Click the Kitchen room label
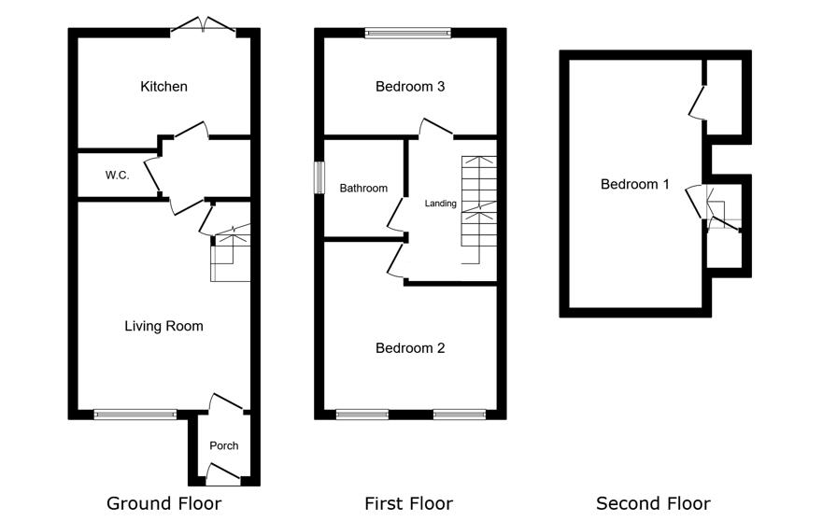click(x=163, y=87)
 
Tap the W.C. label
click(x=117, y=176)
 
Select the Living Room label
click(x=163, y=326)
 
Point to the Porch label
click(x=224, y=445)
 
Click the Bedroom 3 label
click(x=410, y=87)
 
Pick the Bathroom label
click(x=363, y=188)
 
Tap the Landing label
click(x=440, y=204)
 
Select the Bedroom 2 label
click(x=410, y=348)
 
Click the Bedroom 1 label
click(x=635, y=184)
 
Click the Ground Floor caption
click(x=163, y=503)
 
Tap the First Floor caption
click(x=409, y=503)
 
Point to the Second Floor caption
click(x=654, y=503)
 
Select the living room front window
click(x=135, y=415)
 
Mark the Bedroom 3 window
click(x=408, y=33)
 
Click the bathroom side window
click(x=319, y=177)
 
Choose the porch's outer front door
click(x=223, y=474)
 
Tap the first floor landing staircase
click(x=478, y=210)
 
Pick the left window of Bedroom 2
click(x=362, y=415)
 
